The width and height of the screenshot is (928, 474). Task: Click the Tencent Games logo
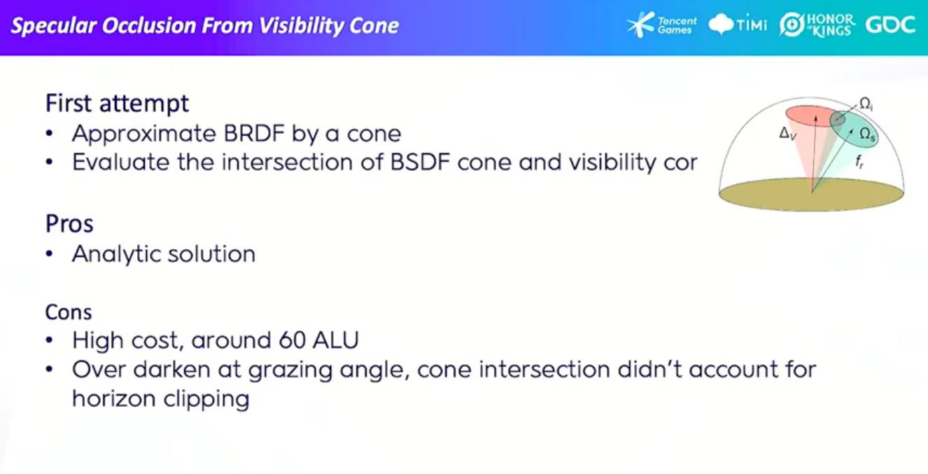(661, 25)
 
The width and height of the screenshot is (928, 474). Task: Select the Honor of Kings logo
(817, 25)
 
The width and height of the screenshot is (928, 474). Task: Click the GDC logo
(890, 25)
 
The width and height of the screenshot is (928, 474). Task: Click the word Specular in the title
(53, 26)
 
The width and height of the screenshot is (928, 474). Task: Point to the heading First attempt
(117, 103)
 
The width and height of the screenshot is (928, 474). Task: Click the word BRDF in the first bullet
(254, 134)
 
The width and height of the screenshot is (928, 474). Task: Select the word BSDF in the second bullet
(420, 162)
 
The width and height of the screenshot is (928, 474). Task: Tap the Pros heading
(69, 224)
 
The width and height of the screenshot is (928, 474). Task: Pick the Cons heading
(69, 312)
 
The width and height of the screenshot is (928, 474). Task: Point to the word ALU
(336, 340)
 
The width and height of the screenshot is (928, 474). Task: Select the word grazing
(290, 370)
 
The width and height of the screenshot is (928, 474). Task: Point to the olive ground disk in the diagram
(811, 195)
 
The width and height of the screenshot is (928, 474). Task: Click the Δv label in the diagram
(787, 134)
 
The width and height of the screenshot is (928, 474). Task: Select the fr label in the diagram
(859, 161)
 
